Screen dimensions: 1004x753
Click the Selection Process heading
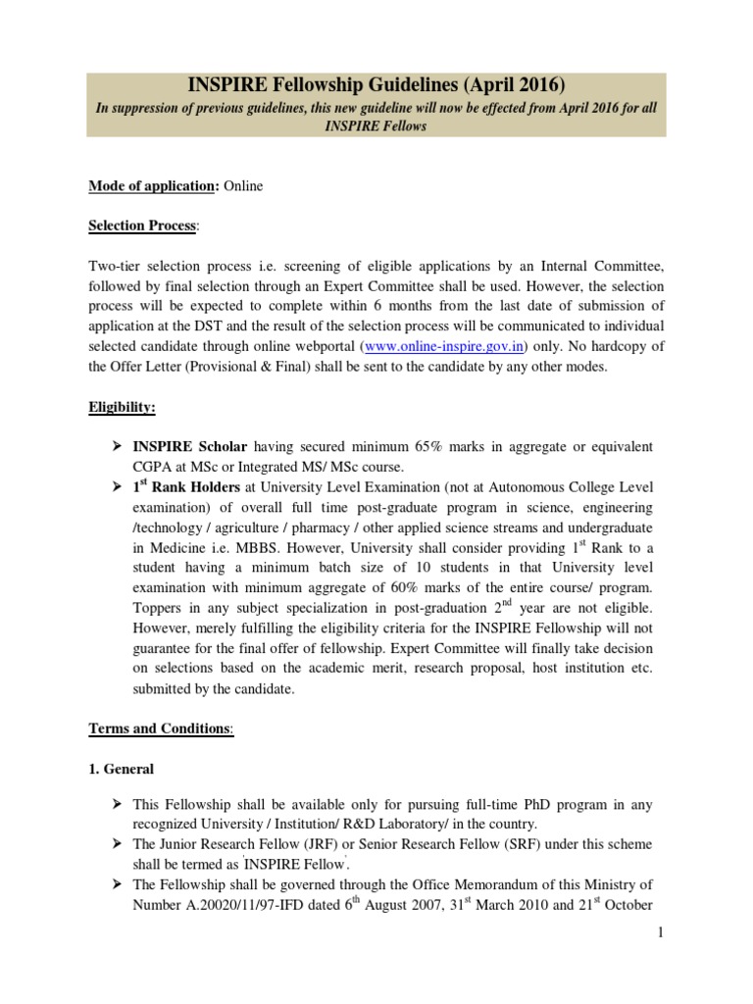[142, 226]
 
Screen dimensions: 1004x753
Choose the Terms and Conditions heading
[161, 728]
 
